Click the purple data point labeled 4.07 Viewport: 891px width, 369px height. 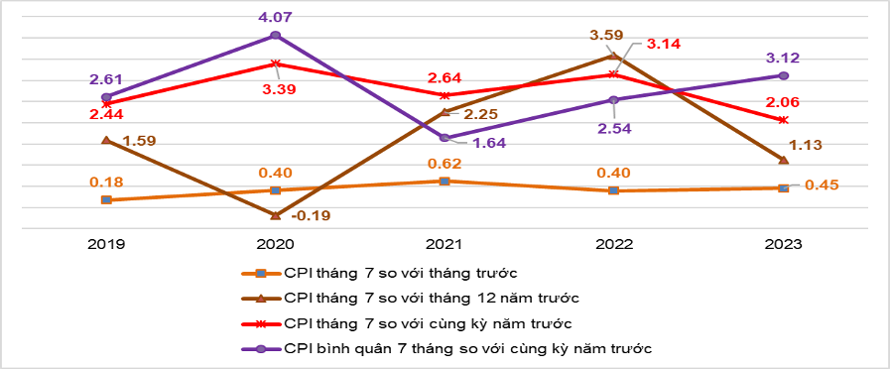coord(275,36)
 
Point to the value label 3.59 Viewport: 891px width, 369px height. coord(606,36)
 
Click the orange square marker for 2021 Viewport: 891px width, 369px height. coord(445,182)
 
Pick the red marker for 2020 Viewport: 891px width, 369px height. coord(275,63)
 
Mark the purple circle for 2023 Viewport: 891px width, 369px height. coord(784,75)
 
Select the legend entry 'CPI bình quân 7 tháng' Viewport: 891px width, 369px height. coord(467,347)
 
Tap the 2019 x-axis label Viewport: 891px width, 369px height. coord(106,243)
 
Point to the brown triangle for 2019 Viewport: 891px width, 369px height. coord(106,140)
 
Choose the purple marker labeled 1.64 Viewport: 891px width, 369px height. coord(445,137)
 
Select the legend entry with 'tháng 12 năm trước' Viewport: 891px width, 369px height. coord(426,297)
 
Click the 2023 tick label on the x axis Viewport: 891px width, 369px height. coord(784,243)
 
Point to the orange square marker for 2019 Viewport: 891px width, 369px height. coord(106,199)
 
